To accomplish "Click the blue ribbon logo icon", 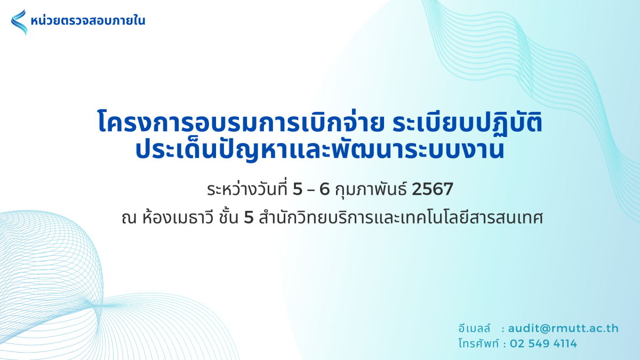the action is click(x=19, y=22).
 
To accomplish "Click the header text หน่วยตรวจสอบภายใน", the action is click(x=88, y=21).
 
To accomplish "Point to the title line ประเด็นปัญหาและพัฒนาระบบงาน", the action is click(x=319, y=150).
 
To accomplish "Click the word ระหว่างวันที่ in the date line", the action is click(x=247, y=189).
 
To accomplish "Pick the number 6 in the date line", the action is click(x=325, y=189).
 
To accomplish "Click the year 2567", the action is click(x=433, y=189).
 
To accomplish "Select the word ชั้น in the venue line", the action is click(x=229, y=218).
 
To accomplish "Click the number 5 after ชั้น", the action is click(x=249, y=218).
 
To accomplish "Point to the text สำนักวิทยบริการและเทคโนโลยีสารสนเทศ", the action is click(x=401, y=218).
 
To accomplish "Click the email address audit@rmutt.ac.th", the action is click(x=563, y=329).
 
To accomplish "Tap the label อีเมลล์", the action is click(x=474, y=329).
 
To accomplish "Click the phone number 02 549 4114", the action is click(x=543, y=343).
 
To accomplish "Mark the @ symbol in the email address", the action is click(x=543, y=329).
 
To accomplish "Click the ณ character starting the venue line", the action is click(x=129, y=219).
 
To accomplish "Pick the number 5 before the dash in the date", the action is click(x=298, y=189).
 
